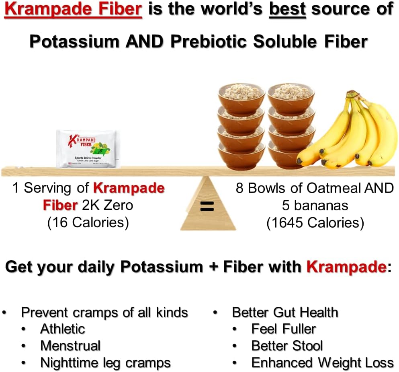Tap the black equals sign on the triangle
coord(207,207)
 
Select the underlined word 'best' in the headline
coord(287,10)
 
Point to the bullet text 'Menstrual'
coord(70,345)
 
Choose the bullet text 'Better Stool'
coord(287,345)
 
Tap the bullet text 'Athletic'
coord(63,329)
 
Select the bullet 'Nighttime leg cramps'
coord(105,363)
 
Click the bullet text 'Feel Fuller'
coord(283,329)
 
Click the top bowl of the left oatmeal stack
coord(241,95)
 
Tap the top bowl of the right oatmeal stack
coord(291,95)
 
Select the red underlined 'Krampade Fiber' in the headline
coord(73,10)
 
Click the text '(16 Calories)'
coord(88,223)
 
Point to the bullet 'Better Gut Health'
coord(285,312)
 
